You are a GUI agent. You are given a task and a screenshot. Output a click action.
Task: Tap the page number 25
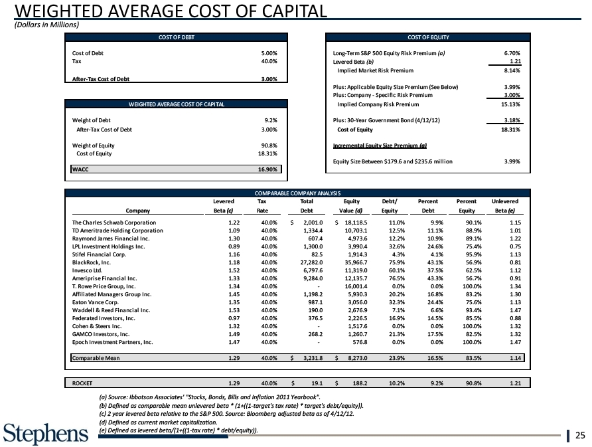tap(579, 436)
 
